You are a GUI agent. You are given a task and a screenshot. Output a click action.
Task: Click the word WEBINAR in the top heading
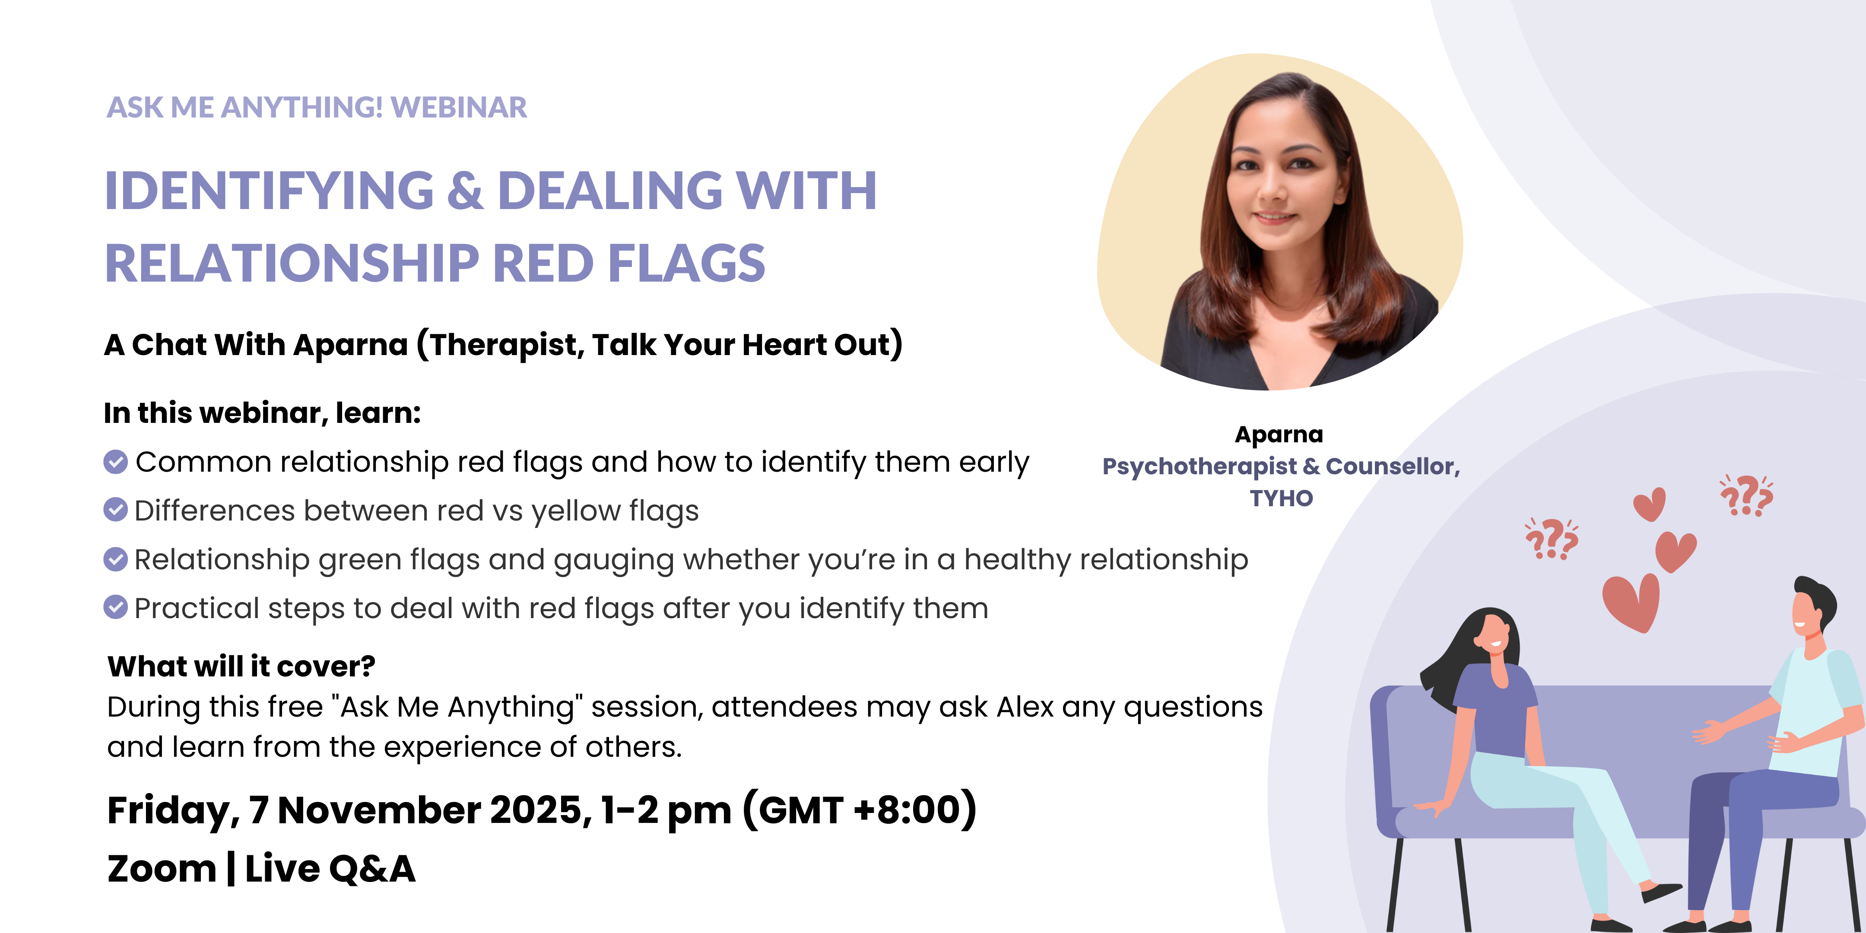tap(459, 107)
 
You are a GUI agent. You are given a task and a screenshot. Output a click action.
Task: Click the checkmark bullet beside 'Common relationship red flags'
tap(115, 461)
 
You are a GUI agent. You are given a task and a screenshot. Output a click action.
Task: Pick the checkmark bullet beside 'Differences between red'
tap(115, 510)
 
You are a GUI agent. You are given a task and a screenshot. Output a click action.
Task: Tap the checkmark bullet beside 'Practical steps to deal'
tap(115, 607)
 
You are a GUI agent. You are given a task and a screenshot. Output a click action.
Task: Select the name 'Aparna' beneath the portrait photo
tap(1279, 435)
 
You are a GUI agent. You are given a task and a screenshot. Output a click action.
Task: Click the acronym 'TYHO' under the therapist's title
tap(1281, 498)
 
